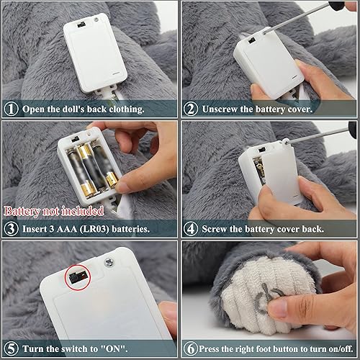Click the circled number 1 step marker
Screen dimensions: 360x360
11,109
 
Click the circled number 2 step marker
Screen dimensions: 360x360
191,109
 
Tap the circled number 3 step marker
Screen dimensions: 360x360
11,229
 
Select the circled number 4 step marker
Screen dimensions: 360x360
191,229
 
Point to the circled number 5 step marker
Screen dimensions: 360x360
11,349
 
